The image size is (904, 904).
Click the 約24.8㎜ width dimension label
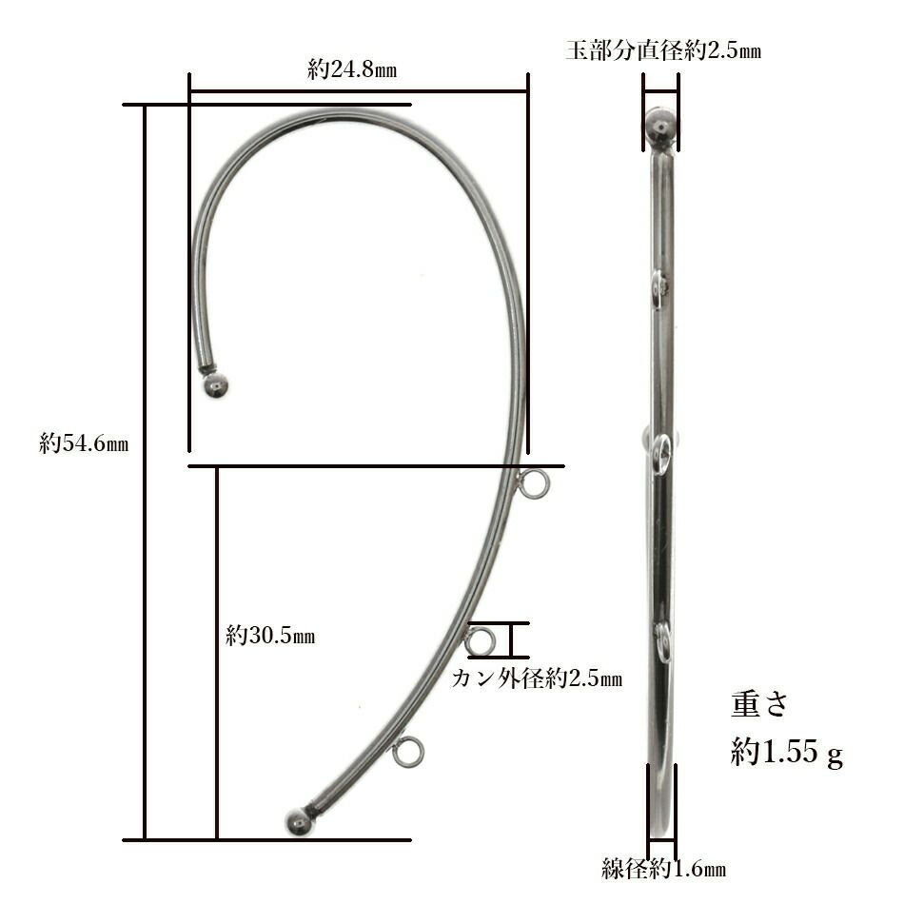352,69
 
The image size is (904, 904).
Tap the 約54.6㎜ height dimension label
84,443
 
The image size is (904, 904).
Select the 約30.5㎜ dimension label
270,636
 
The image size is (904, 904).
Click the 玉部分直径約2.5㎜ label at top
663,50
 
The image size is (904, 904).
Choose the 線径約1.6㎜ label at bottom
663,868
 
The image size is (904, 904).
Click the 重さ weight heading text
759,704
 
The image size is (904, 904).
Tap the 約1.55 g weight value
787,752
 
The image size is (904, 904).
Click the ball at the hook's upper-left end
216,385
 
